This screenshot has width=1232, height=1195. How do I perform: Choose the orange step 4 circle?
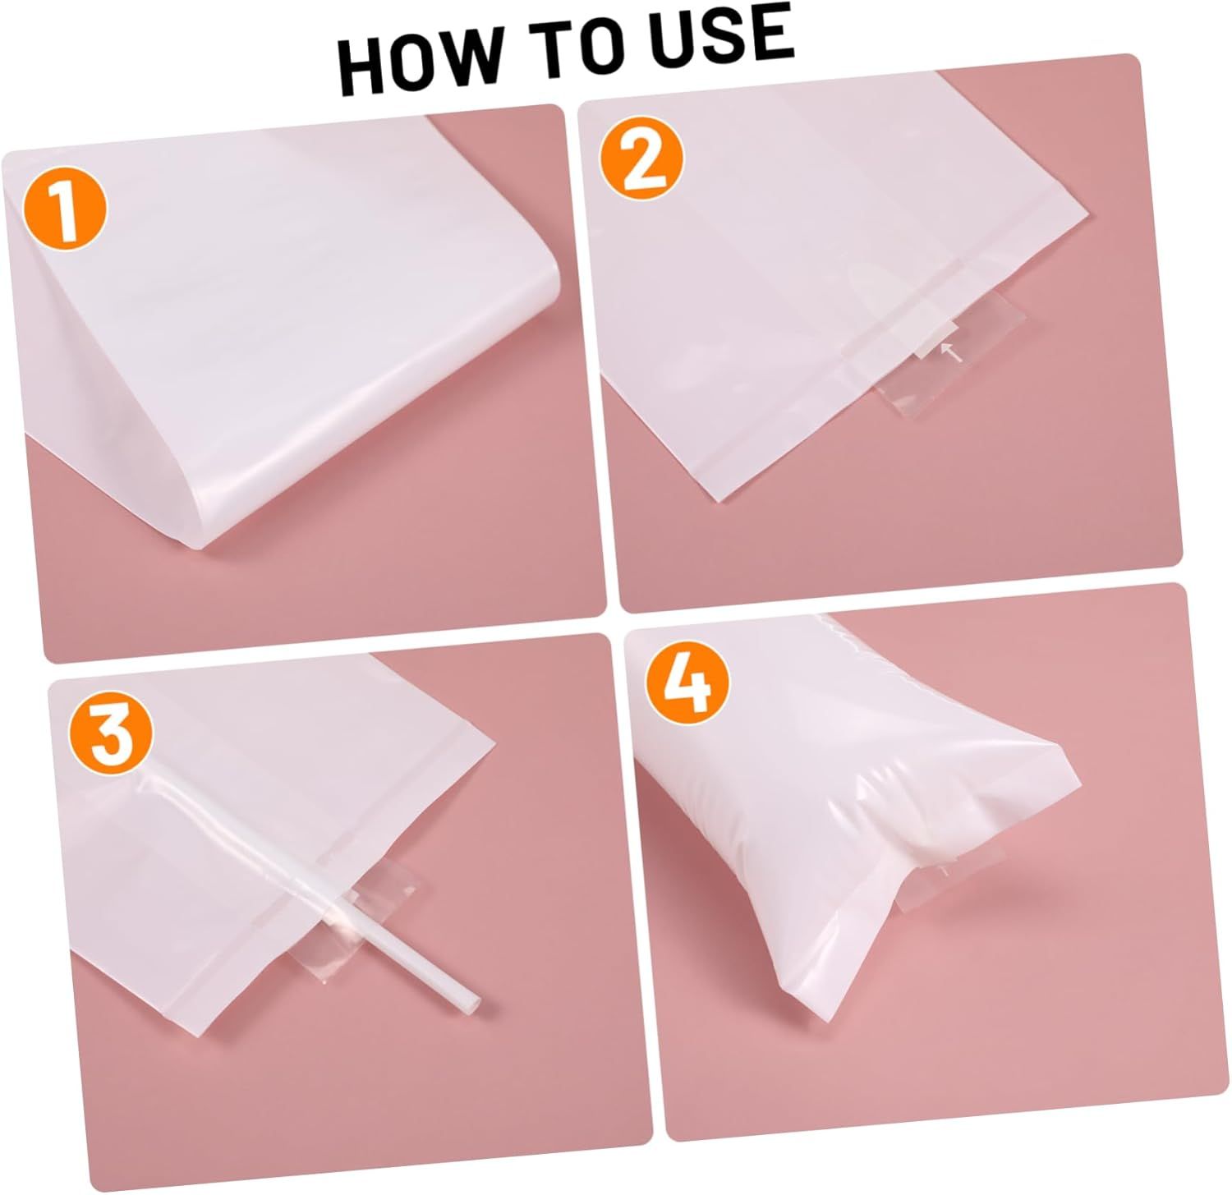[x=688, y=683]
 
